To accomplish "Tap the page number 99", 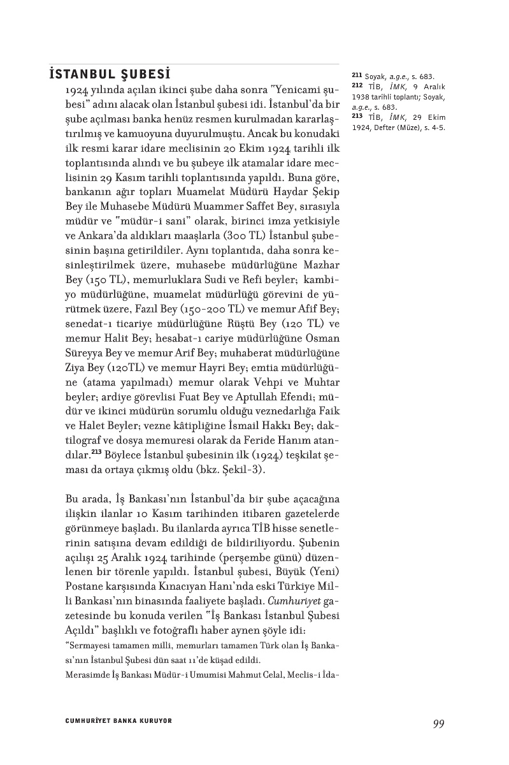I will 438,723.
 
